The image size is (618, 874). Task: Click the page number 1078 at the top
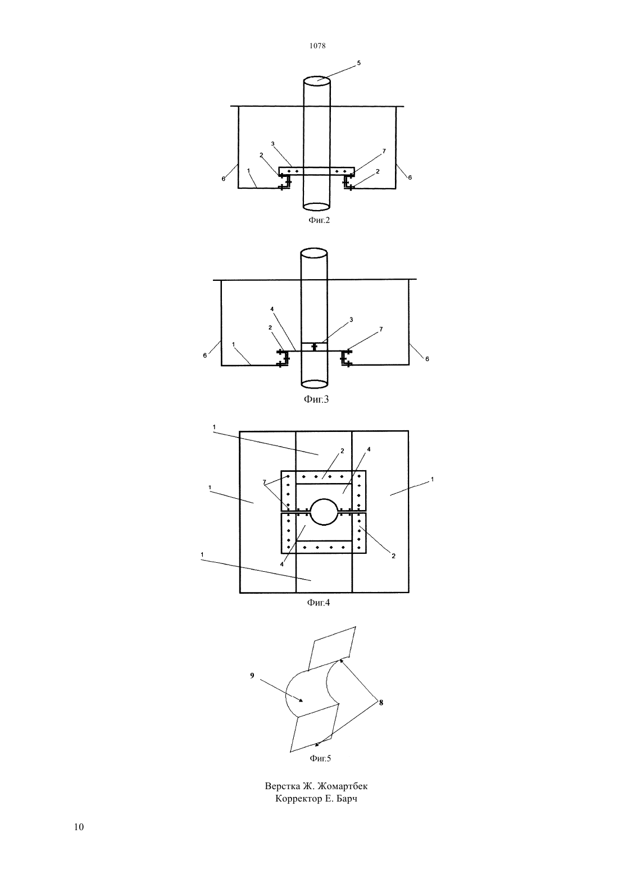point(317,45)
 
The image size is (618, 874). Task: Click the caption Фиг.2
point(319,220)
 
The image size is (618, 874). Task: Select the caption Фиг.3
point(316,399)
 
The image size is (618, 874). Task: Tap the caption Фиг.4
point(319,603)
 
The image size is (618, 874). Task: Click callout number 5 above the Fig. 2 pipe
point(359,63)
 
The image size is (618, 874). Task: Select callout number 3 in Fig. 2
point(272,144)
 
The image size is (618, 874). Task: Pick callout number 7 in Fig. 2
point(384,151)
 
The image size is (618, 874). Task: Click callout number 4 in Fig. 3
point(272,309)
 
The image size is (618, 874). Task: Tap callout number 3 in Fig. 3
point(351,320)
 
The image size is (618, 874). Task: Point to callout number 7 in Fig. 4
point(264,482)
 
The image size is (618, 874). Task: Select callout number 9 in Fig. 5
point(252,675)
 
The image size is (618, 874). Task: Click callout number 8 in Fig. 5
point(381,703)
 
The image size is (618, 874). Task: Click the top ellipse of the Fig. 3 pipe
point(313,252)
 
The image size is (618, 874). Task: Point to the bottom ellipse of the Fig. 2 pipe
point(316,206)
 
